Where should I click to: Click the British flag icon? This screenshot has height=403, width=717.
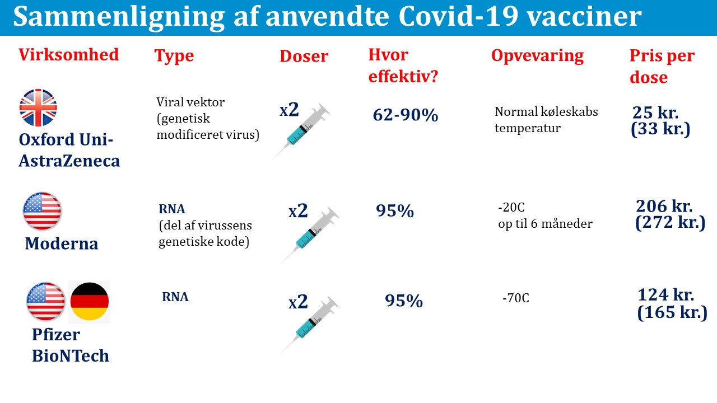tap(38, 107)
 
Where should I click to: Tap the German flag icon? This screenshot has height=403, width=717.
tap(89, 302)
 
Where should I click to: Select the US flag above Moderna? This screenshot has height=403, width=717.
tap(42, 211)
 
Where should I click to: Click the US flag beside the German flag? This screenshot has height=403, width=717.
tap(45, 302)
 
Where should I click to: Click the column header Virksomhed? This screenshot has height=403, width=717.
tap(68, 54)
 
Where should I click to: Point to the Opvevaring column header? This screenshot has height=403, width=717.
tap(537, 56)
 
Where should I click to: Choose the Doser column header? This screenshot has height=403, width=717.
tap(304, 56)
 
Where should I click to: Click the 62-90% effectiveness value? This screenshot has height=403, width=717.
tap(405, 115)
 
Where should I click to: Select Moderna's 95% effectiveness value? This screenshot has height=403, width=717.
tap(395, 211)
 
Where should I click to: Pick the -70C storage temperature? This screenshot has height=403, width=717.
tap(516, 298)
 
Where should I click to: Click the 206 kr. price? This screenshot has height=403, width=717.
tap(664, 206)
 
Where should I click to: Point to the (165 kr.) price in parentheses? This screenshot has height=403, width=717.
tap(672, 312)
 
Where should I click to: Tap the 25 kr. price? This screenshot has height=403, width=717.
tap(655, 113)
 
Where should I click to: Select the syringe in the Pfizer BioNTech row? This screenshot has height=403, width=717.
tap(309, 325)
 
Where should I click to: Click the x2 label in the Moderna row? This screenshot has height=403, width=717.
tap(298, 211)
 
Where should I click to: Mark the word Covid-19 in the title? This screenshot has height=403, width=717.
tap(458, 16)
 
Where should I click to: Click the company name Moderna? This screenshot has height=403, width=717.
tap(62, 243)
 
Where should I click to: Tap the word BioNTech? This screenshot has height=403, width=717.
tap(71, 355)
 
